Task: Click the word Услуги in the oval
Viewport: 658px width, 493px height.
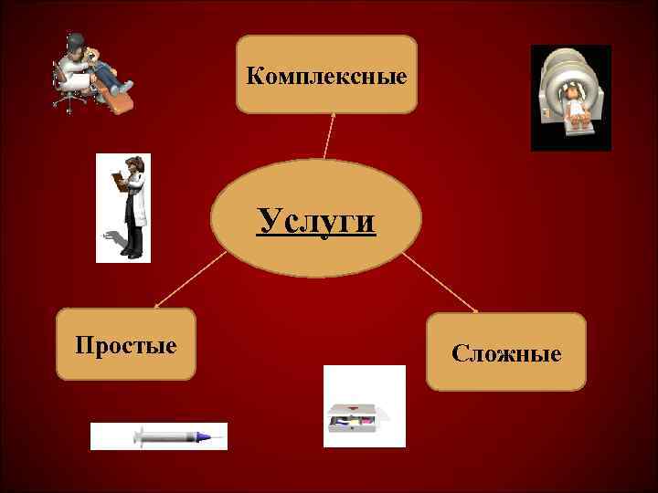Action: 316,219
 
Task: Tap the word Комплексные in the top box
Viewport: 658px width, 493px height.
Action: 326,75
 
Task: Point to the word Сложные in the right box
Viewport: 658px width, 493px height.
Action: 506,352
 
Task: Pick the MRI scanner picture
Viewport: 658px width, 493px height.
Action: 571,98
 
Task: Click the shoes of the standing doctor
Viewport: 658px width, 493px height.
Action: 133,255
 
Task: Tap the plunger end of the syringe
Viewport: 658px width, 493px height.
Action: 136,436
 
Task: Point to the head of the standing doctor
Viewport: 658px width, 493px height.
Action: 134,165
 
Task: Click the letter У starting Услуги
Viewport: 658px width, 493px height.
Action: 267,219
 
